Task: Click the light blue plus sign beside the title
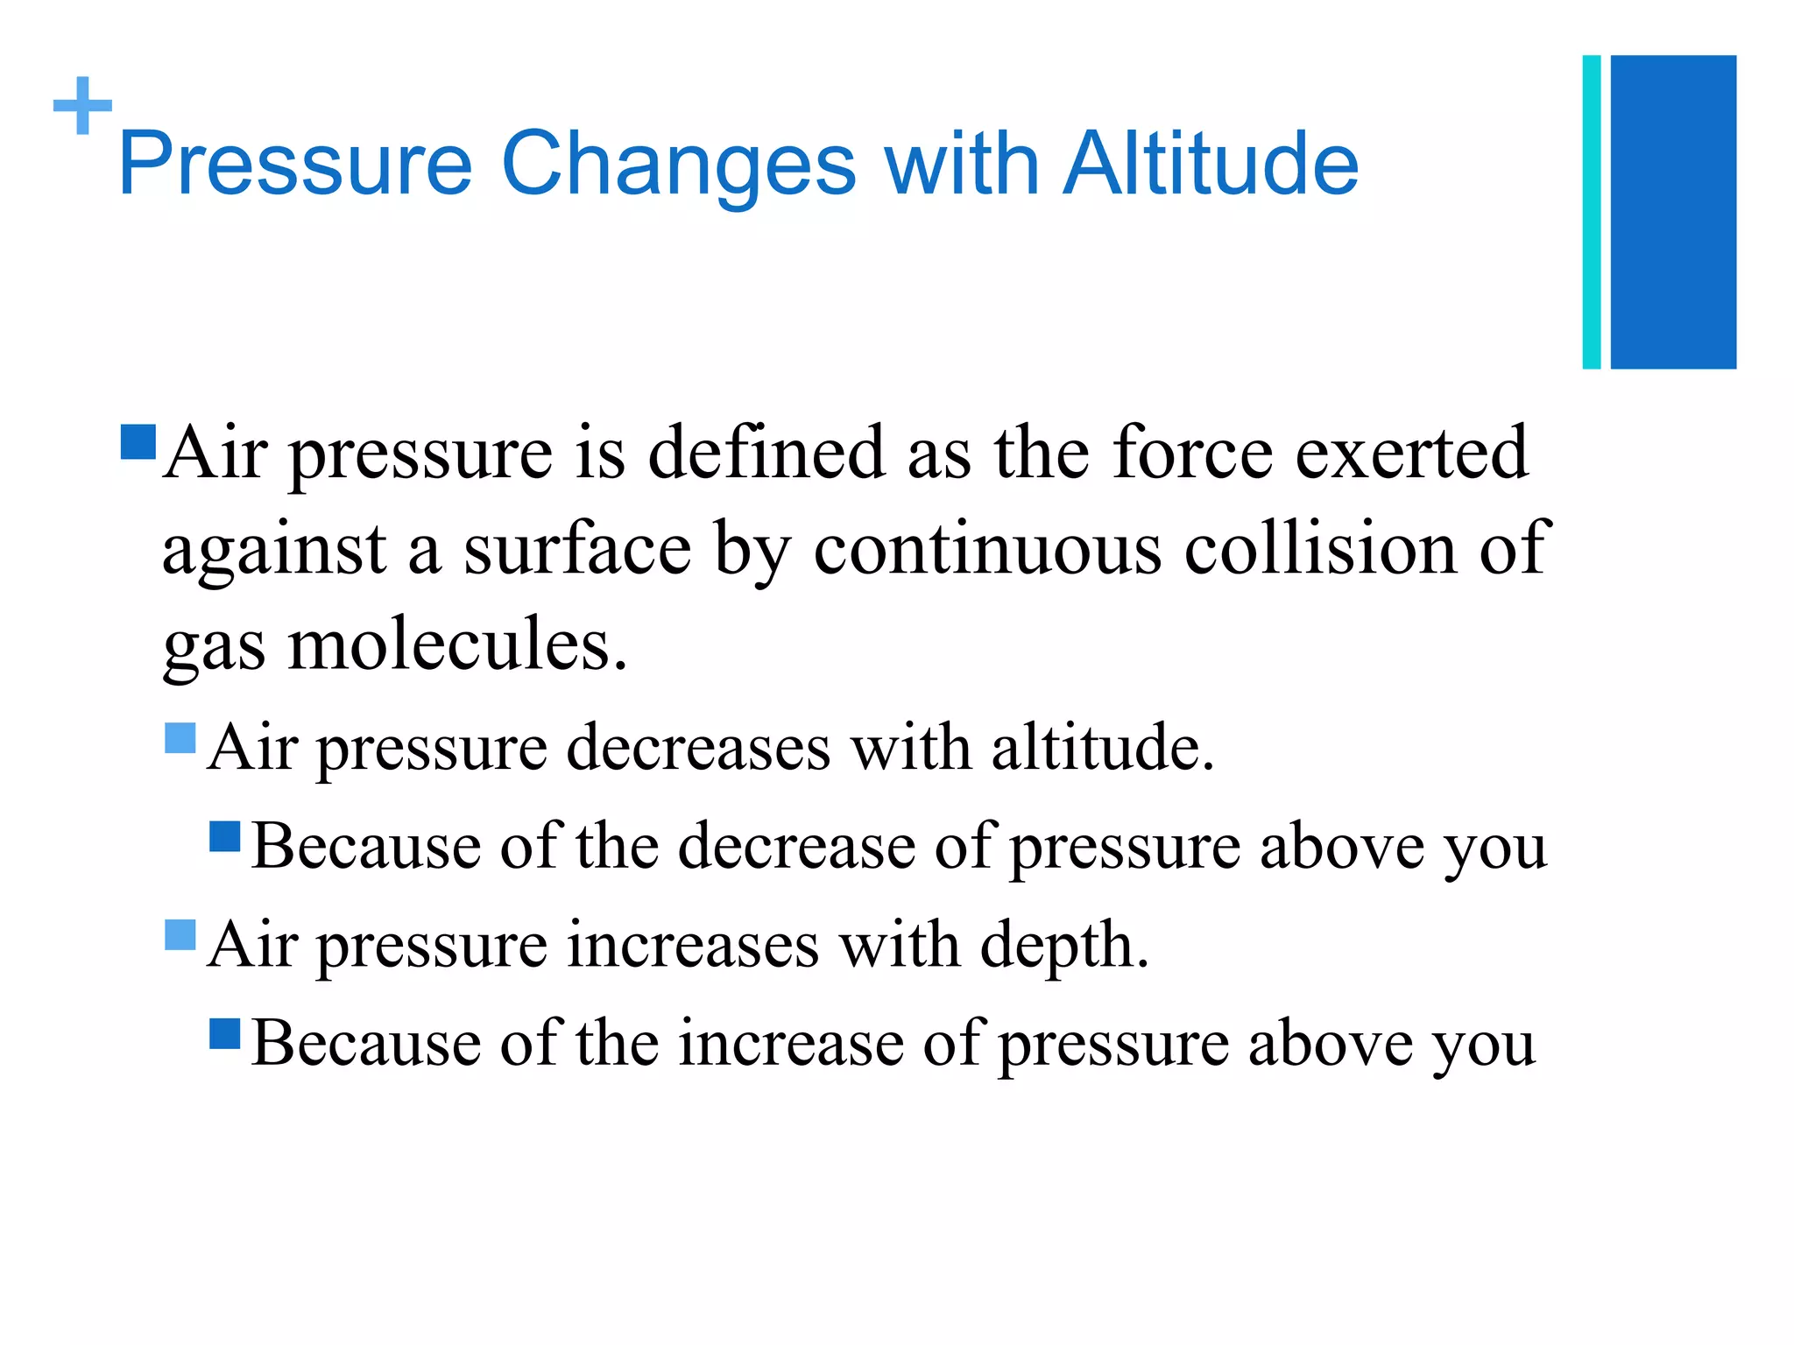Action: (82, 106)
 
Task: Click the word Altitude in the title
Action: (1211, 164)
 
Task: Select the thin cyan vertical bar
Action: (1592, 212)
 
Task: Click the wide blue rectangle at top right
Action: (1673, 212)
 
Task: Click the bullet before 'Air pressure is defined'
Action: (138, 442)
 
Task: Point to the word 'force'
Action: (1192, 453)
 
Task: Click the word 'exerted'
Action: (1411, 453)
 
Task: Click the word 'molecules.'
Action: (457, 645)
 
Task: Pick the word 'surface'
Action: (577, 548)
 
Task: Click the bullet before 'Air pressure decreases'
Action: (180, 738)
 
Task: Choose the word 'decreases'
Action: (698, 748)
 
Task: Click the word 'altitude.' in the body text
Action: (1103, 748)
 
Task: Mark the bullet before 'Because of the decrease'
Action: (225, 836)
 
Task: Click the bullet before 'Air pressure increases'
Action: (180, 935)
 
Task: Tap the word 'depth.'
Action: (1063, 946)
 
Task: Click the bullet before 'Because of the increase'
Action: (225, 1033)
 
